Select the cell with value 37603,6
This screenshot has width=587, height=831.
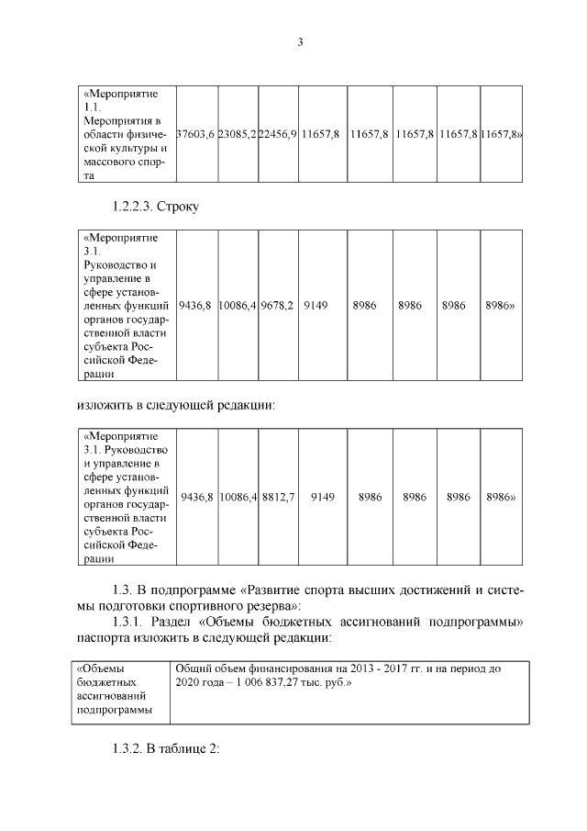(195, 134)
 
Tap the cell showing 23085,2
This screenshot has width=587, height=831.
(237, 134)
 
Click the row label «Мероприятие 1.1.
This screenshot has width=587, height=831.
(121, 100)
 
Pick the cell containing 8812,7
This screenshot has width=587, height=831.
(278, 497)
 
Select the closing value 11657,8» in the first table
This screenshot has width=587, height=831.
(502, 134)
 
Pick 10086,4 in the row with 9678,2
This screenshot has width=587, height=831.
(237, 304)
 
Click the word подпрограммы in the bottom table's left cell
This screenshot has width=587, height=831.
(114, 710)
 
